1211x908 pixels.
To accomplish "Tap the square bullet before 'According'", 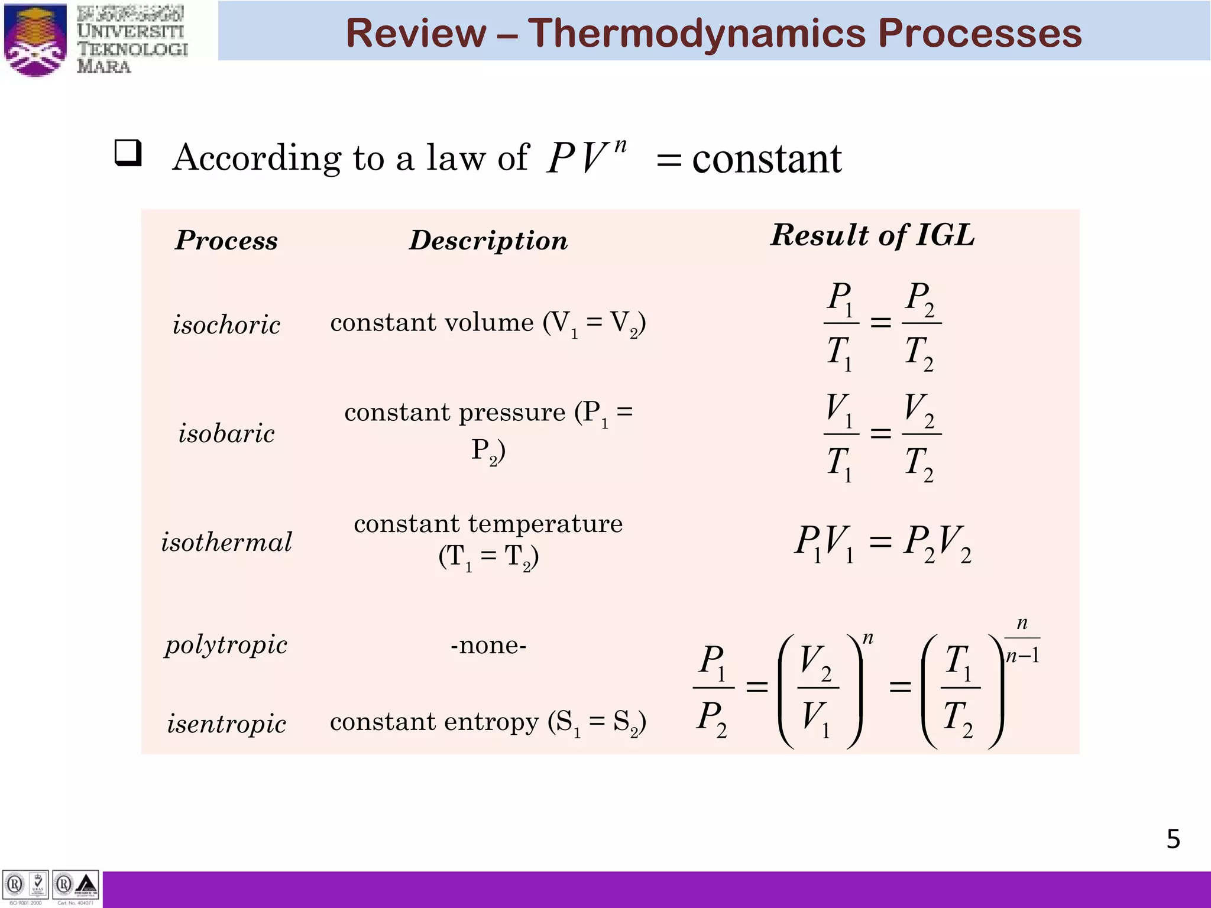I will [128, 153].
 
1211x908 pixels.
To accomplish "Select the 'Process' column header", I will [226, 240].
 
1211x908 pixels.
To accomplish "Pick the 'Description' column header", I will [488, 240].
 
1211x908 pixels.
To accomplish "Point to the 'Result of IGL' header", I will [873, 235].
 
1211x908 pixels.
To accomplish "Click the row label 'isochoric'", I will [226, 325].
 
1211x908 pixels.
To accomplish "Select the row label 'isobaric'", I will [226, 433].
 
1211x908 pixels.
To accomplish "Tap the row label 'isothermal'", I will [226, 542].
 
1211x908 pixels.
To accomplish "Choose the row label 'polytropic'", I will [226, 644].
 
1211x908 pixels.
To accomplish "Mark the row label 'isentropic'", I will [226, 724].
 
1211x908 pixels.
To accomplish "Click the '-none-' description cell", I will [488, 645].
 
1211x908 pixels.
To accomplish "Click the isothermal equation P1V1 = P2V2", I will [882, 543].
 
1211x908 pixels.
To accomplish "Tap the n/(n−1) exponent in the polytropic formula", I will [1022, 640].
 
